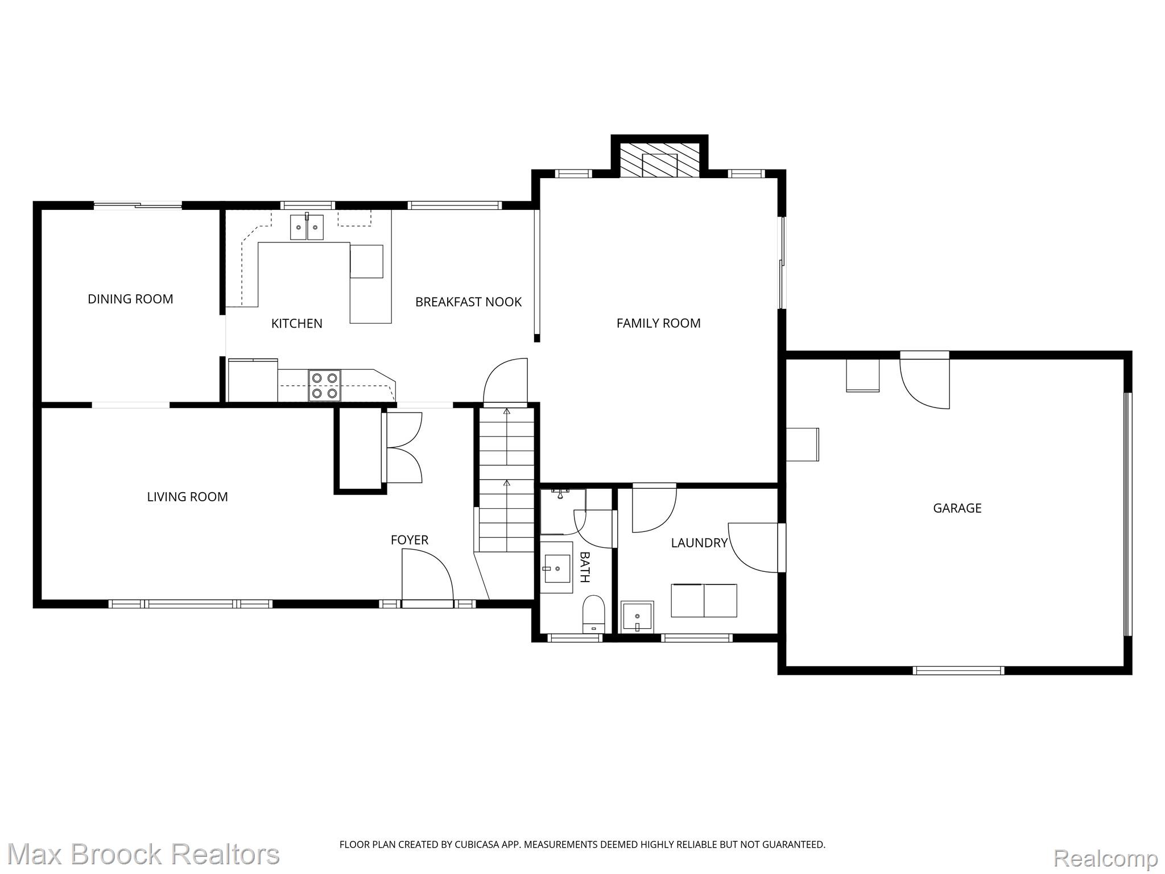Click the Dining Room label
pyautogui.click(x=130, y=299)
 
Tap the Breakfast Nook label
pyautogui.click(x=468, y=302)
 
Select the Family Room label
pyautogui.click(x=658, y=323)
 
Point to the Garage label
pyautogui.click(x=957, y=508)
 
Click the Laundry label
pyautogui.click(x=699, y=543)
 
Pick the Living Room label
pyautogui.click(x=187, y=497)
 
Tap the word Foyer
pyautogui.click(x=410, y=540)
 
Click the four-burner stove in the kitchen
pyautogui.click(x=325, y=386)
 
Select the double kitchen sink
pyautogui.click(x=307, y=227)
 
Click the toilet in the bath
pyautogui.click(x=593, y=614)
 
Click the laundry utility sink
pyautogui.click(x=638, y=616)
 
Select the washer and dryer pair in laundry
pyautogui.click(x=704, y=600)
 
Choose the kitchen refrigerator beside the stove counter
pyautogui.click(x=253, y=380)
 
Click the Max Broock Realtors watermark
pyautogui.click(x=143, y=854)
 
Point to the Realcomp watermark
pyautogui.click(x=1105, y=857)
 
